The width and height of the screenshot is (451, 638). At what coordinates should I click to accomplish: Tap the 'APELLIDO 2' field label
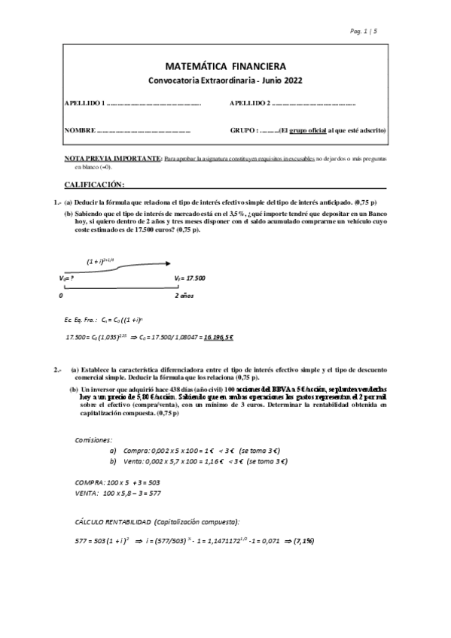click(249, 102)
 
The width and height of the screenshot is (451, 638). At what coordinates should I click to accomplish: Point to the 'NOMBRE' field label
click(79, 130)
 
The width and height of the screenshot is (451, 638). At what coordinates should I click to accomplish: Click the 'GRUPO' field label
click(245, 130)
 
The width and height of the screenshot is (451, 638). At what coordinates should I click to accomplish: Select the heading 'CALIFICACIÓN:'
click(94, 184)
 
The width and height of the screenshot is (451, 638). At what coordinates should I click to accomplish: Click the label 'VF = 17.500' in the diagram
click(189, 278)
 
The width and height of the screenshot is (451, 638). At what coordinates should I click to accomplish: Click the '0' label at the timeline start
click(60, 296)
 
